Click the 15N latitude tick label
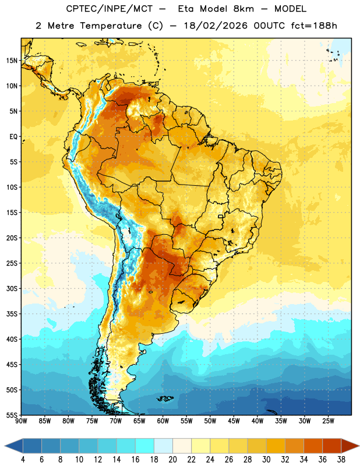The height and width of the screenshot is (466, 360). click(12, 61)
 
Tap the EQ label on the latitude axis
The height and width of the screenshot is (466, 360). click(13, 137)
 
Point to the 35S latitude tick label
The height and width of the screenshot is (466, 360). click(12, 314)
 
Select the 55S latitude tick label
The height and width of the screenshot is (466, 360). click(12, 415)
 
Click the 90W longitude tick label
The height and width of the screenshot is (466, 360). click(21, 421)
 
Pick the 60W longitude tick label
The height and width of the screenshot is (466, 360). click(163, 421)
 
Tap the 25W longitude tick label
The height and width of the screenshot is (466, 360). click(328, 421)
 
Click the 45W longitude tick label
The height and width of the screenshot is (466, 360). click(234, 421)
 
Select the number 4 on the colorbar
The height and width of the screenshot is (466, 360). click(23, 460)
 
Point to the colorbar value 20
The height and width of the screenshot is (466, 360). click(172, 460)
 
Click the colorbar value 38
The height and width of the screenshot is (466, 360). click(341, 460)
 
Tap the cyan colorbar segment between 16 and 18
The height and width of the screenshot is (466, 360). click(145, 446)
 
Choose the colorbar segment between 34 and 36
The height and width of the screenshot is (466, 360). click(313, 446)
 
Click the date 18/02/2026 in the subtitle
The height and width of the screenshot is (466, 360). click(216, 26)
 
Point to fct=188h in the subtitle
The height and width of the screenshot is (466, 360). click(314, 26)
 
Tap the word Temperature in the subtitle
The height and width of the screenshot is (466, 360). click(111, 26)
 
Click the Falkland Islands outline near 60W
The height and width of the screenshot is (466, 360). click(165, 398)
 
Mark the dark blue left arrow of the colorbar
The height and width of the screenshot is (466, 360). click(13, 446)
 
